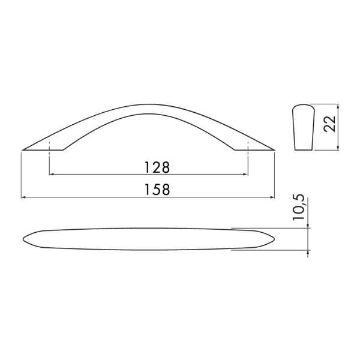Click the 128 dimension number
click(x=157, y=167)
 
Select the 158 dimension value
click(x=157, y=190)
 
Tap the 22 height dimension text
click(x=329, y=124)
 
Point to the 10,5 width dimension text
click(x=299, y=208)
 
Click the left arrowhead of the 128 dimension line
click(x=52, y=175)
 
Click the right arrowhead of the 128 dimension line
click(x=245, y=175)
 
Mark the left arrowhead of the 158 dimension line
click(x=23, y=197)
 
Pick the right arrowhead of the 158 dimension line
click(x=272, y=197)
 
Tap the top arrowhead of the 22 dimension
click(x=338, y=106)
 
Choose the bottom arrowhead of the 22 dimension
click(x=338, y=148)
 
